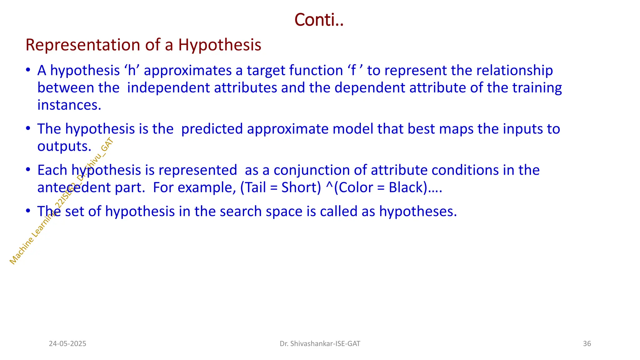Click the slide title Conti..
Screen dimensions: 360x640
(x=319, y=20)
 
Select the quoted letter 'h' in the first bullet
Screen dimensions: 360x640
(x=132, y=71)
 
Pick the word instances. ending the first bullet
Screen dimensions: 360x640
(x=69, y=105)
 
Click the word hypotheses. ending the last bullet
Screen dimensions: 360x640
(x=418, y=212)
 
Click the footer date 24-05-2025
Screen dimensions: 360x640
(x=67, y=344)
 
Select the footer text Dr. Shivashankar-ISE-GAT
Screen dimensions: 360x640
(x=320, y=344)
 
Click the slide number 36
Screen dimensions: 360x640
(x=587, y=344)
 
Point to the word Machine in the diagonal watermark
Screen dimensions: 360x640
(x=22, y=251)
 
